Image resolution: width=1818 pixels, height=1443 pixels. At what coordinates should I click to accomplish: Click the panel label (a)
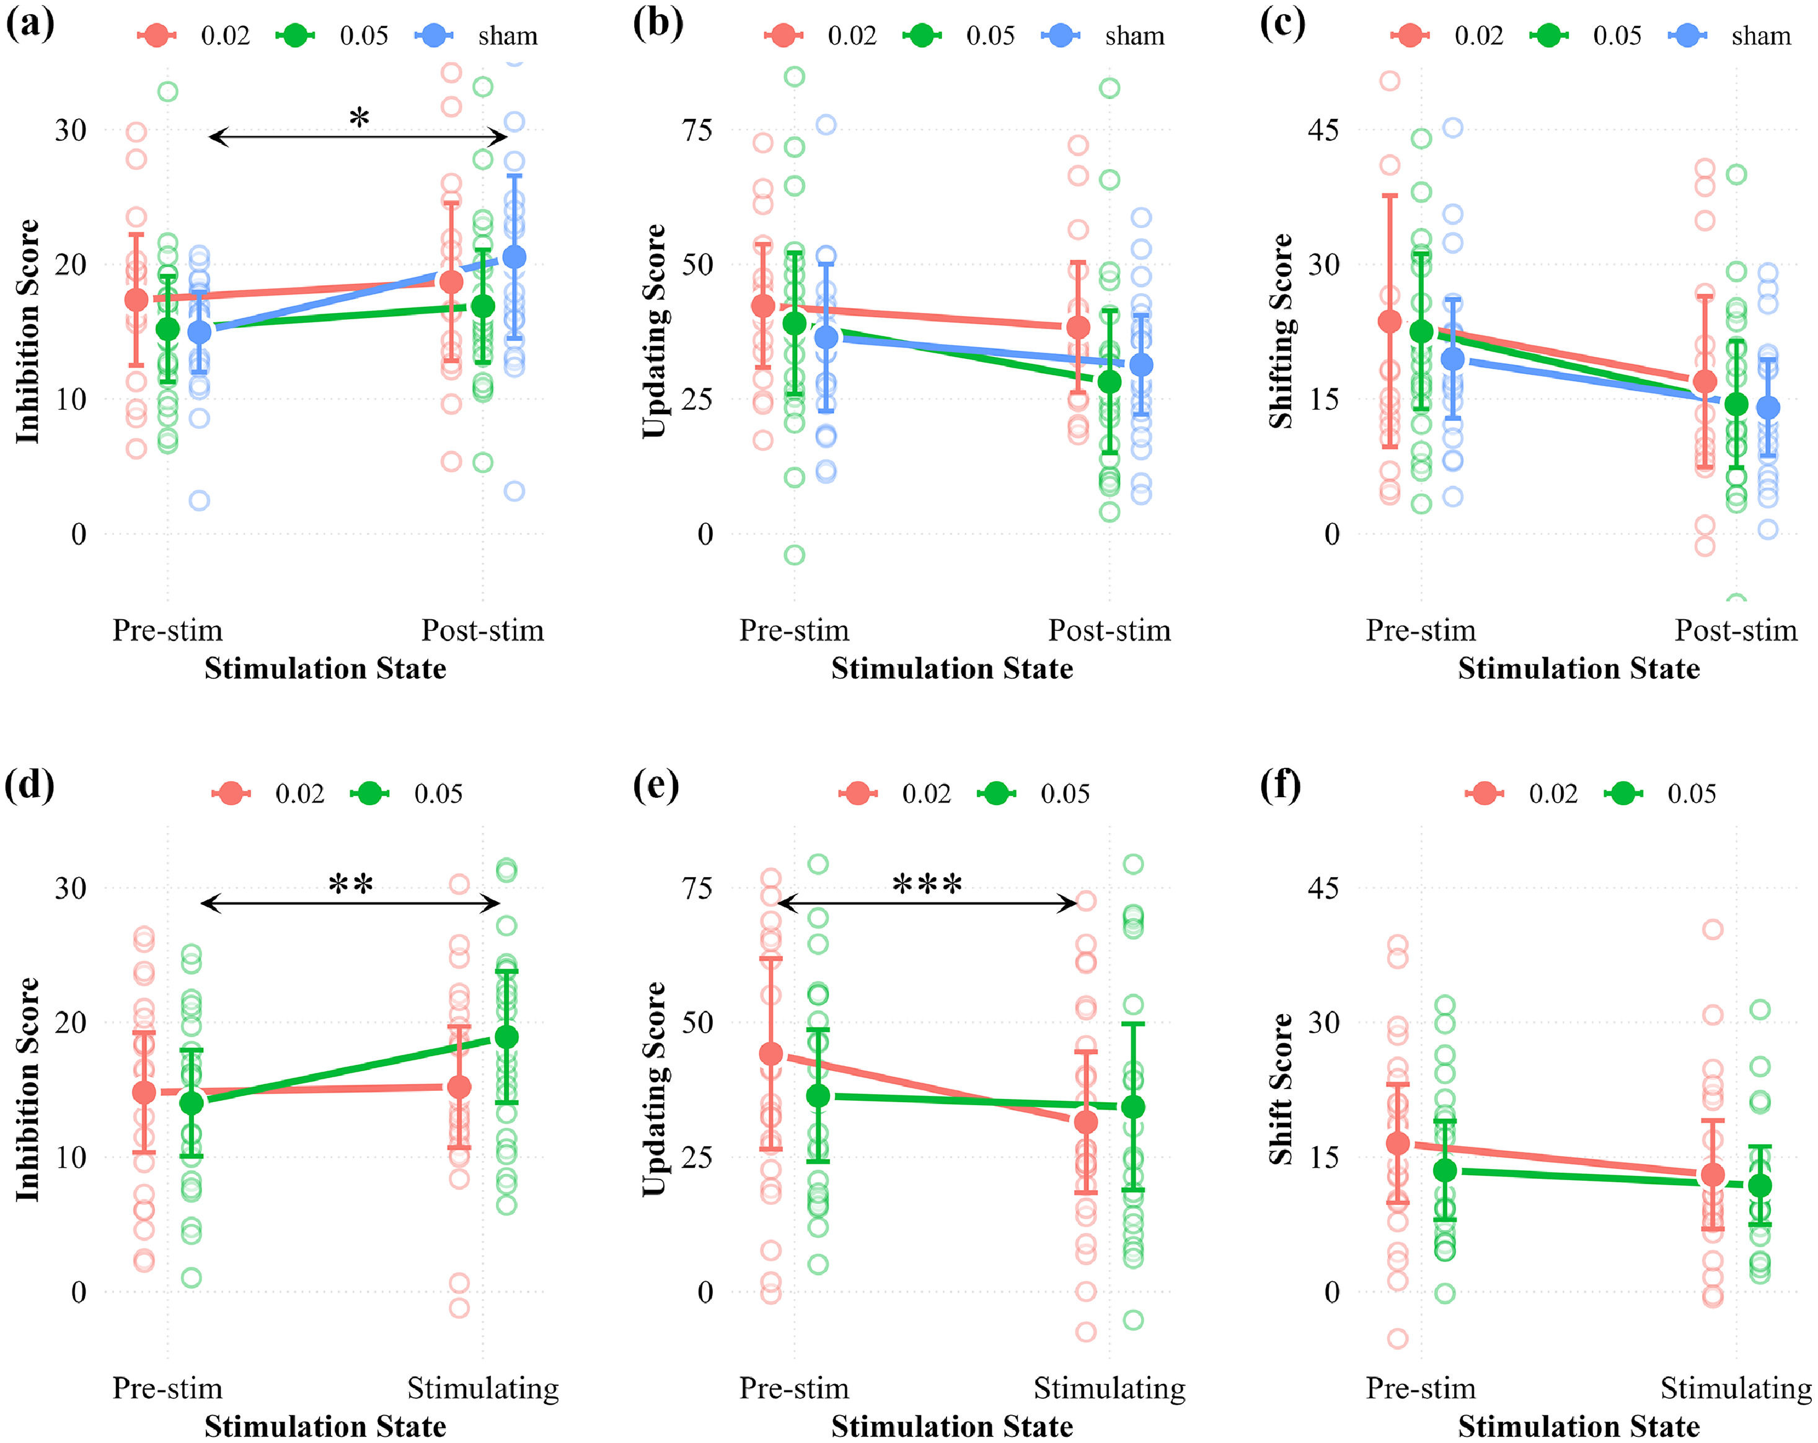point(30,24)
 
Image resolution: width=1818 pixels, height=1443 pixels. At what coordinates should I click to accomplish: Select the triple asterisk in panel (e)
point(927,885)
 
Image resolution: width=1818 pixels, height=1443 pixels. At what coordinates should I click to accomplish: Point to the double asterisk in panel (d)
point(351,885)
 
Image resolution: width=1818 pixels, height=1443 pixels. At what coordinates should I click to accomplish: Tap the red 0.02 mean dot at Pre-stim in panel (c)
point(1390,321)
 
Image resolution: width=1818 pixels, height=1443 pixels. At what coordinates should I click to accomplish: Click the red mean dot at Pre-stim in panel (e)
point(770,1053)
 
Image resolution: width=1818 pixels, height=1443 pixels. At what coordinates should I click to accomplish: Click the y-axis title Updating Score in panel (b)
point(653,330)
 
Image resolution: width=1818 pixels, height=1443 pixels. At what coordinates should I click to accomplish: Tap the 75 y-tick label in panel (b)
point(697,130)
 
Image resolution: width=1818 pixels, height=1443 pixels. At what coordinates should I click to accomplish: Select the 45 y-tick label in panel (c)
point(1323,130)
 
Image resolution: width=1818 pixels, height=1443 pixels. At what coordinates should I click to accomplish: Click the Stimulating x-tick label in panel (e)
point(1109,1388)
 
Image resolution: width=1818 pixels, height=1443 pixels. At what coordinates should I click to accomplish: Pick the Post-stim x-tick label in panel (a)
point(482,630)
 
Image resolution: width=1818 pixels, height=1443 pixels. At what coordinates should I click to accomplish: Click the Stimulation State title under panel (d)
point(325,1426)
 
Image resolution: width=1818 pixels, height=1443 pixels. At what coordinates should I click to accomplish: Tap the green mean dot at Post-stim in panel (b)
point(1110,381)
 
